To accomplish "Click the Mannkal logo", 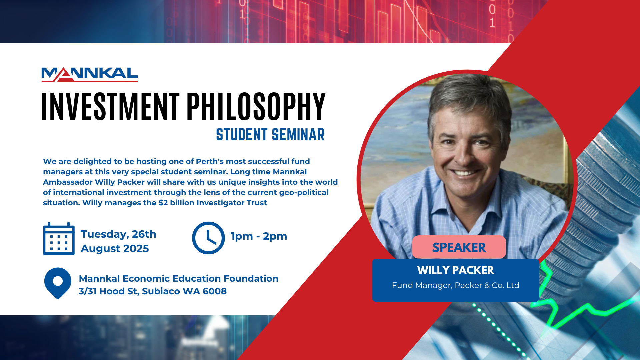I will pos(89,75).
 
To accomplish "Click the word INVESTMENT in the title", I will pos(110,106).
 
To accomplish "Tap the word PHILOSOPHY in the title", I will pos(256,106).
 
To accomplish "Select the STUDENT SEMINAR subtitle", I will pos(270,135).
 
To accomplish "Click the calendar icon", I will pos(59,239).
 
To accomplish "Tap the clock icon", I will pos(208,238).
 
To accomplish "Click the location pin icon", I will pos(58,283).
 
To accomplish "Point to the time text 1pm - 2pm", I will pos(259,236).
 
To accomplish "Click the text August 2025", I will pos(115,249).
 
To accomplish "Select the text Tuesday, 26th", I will pos(118,234).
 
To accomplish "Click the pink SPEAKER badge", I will pos(459,247).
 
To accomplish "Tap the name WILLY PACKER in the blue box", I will pos(455,270).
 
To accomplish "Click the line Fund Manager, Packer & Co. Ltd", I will pos(455,285).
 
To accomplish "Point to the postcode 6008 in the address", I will pos(215,291).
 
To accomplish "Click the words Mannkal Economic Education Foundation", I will pos(178,279).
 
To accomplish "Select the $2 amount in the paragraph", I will pos(163,203).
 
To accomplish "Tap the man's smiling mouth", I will pos(464,173).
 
